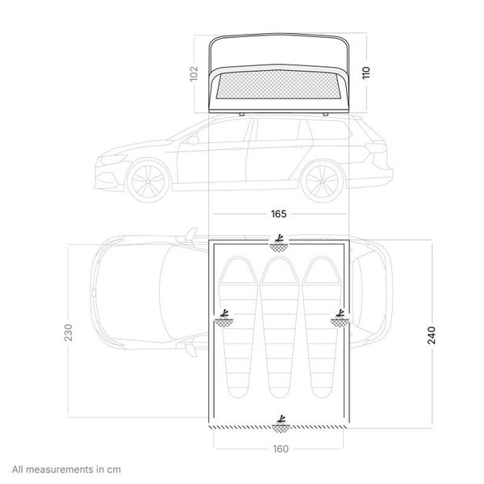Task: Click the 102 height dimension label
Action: click(x=194, y=73)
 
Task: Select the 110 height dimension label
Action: click(x=365, y=73)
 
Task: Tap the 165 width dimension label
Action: click(x=278, y=214)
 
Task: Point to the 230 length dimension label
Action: click(x=69, y=332)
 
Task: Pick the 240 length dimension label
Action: click(x=432, y=335)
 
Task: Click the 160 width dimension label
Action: click(x=281, y=449)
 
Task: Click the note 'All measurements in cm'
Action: click(x=66, y=469)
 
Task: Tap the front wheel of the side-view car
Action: click(x=148, y=181)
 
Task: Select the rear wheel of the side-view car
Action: click(x=322, y=181)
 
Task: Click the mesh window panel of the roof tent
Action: click(x=277, y=85)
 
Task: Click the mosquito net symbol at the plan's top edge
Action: click(x=279, y=244)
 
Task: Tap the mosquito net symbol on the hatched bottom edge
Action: click(x=281, y=424)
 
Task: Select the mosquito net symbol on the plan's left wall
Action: click(x=224, y=319)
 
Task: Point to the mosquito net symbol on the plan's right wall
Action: click(x=340, y=319)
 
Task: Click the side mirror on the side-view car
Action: click(x=193, y=140)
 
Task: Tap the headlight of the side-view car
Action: click(x=114, y=160)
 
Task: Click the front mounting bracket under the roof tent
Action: click(x=242, y=115)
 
